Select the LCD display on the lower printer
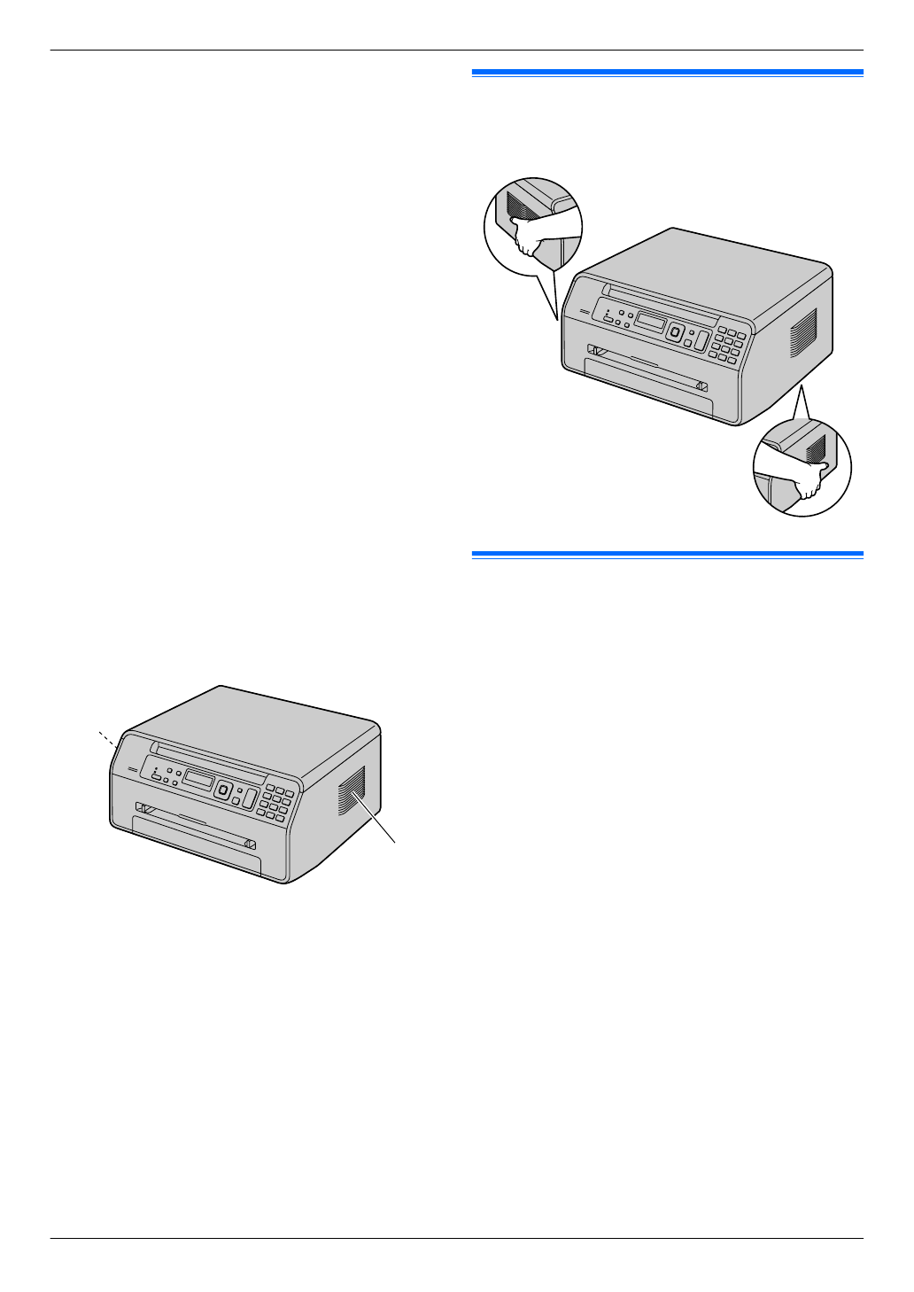point(198,781)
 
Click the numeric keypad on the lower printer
point(275,802)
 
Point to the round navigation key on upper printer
point(675,333)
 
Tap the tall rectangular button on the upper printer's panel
point(700,342)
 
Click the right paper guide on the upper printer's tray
point(701,386)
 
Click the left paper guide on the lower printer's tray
point(142,808)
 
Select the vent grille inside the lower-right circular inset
point(816,447)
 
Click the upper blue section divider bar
point(667,73)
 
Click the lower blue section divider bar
point(667,555)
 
